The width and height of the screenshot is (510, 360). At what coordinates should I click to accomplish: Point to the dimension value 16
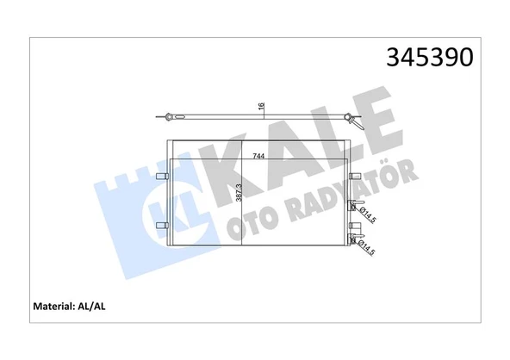261,108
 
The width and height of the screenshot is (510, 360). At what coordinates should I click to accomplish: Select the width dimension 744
258,157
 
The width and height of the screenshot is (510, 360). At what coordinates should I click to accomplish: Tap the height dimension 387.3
239,193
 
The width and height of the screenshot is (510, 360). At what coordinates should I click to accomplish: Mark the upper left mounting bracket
161,176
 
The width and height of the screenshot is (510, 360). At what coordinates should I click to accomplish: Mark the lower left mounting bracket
161,226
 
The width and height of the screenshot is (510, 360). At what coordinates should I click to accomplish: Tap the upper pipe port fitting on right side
351,206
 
